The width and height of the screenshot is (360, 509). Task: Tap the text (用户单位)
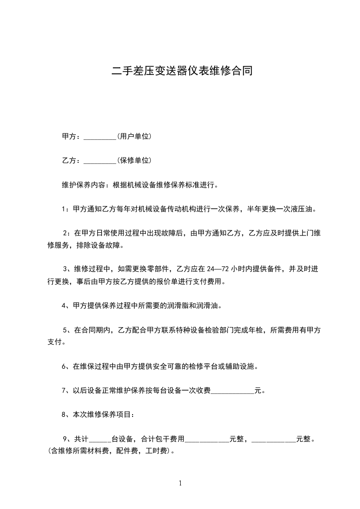pos(134,137)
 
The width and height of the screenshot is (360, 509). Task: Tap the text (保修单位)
pos(134,160)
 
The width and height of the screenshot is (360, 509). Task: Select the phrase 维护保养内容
pos(83,185)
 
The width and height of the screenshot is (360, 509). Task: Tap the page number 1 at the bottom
pos(180,483)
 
